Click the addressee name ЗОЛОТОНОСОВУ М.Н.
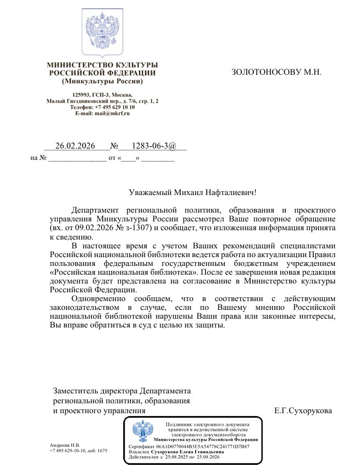tap(276, 72)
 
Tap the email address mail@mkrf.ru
tap(110, 113)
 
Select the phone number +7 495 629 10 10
tap(115, 107)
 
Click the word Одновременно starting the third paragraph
tap(96, 298)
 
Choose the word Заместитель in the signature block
tap(75, 391)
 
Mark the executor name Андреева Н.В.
tap(65, 445)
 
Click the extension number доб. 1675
tap(97, 451)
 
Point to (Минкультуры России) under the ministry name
tap(102, 81)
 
